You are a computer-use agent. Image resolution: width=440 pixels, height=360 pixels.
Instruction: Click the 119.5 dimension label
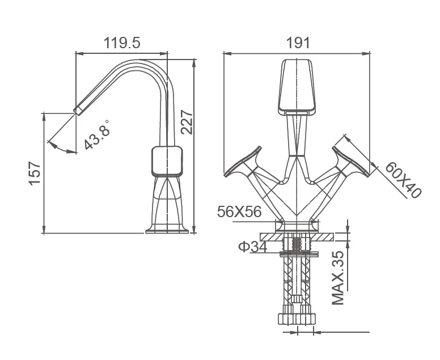[x=122, y=43]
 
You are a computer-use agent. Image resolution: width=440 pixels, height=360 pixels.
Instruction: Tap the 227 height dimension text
[x=187, y=122]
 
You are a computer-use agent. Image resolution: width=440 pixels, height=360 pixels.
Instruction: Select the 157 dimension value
[x=35, y=173]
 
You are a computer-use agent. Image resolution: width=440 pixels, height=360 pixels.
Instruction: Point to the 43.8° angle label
[x=97, y=135]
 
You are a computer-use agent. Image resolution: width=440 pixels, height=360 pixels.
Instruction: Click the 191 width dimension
[x=298, y=43]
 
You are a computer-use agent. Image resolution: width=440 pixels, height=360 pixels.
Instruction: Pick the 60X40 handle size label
[x=403, y=180]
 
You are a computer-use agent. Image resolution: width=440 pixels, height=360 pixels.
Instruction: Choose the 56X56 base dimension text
[x=239, y=211]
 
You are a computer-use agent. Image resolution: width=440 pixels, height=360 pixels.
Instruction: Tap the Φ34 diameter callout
[x=252, y=247]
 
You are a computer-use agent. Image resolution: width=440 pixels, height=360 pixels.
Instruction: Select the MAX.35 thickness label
[x=338, y=278]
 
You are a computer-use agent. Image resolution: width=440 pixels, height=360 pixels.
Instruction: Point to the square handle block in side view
[x=167, y=162]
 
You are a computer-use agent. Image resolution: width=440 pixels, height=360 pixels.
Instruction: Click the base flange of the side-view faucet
[x=167, y=230]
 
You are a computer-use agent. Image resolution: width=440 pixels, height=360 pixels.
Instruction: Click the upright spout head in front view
[x=297, y=87]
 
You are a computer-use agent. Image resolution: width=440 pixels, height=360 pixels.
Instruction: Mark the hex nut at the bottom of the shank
[x=297, y=319]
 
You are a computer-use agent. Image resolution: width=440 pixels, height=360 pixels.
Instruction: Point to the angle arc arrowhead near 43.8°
[x=73, y=152]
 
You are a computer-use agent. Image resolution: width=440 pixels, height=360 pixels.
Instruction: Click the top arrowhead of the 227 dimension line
[x=194, y=63]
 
